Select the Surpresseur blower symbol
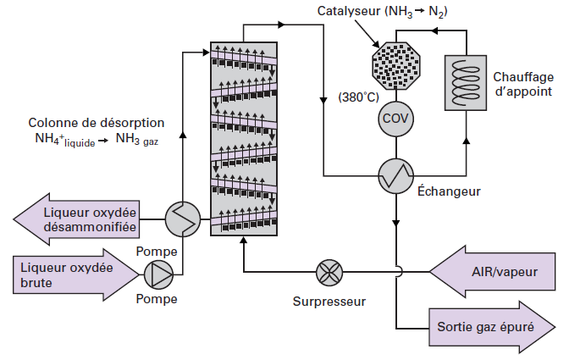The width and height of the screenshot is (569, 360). click(x=328, y=273)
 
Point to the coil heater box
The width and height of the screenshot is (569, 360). click(x=467, y=83)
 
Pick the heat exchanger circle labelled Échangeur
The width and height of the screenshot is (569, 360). click(x=395, y=174)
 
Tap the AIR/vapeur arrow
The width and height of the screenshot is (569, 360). click(x=495, y=271)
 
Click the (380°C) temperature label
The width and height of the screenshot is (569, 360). click(x=358, y=97)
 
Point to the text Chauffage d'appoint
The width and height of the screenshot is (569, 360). click(x=522, y=83)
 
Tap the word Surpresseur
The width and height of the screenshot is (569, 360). click(x=329, y=301)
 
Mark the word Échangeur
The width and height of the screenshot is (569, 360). click(x=449, y=191)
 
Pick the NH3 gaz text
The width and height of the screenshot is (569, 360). click(x=138, y=140)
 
